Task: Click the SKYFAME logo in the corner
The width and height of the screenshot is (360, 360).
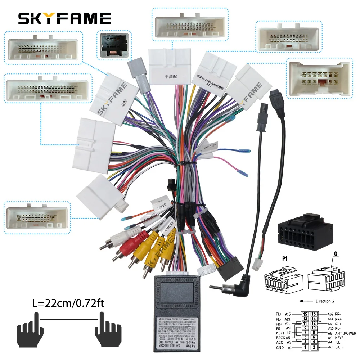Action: coord(64,18)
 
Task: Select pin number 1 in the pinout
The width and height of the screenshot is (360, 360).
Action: coord(305,347)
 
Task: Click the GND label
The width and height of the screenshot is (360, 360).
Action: coord(280,348)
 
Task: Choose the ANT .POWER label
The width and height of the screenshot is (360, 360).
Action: coord(345,333)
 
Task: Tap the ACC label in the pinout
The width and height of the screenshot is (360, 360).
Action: coord(280,342)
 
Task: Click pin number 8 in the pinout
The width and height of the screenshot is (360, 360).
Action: coord(314,333)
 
